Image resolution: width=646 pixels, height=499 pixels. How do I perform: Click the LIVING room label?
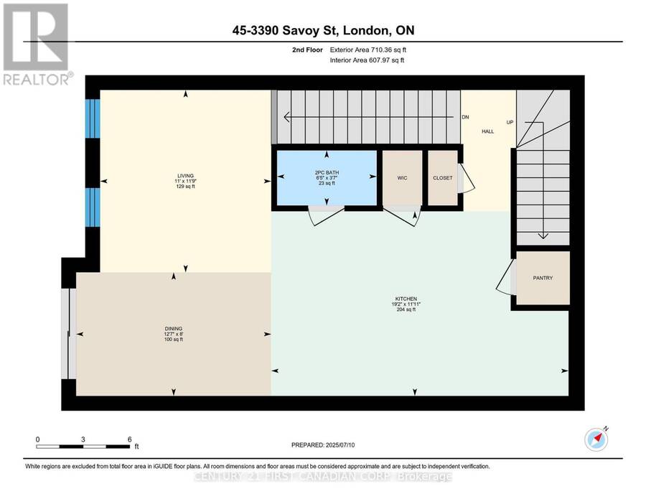pos(185,176)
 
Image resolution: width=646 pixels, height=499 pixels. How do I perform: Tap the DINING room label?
pos(174,329)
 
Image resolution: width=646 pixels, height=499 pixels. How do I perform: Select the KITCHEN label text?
pos(406,299)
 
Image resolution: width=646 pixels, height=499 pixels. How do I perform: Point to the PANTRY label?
pos(543,278)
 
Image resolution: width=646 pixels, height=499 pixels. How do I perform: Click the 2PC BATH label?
pos(327,172)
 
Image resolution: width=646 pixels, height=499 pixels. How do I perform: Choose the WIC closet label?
pos(402,178)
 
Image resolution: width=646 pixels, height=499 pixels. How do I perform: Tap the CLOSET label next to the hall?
pos(442,178)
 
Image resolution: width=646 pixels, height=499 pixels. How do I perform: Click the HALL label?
pos(488,131)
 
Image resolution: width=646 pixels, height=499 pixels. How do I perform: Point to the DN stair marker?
pos(466,118)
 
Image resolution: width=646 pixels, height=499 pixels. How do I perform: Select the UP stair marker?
pos(510,122)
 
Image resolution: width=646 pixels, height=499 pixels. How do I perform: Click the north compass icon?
pos(596,439)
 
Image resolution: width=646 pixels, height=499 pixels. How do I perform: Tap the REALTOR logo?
pos(37,45)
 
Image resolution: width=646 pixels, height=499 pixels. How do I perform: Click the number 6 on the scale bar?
pos(129,439)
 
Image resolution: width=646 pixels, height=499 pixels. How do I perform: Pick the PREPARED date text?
pos(323,445)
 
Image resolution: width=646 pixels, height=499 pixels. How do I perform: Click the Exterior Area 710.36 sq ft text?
pos(368,50)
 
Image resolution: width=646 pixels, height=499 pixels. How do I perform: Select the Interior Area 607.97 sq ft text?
pos(367,60)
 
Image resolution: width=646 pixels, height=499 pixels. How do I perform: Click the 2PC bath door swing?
pos(327,215)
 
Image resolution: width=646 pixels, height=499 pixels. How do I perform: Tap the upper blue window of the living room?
pos(93,118)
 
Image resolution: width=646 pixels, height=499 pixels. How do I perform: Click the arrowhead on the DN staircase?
pos(286,118)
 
